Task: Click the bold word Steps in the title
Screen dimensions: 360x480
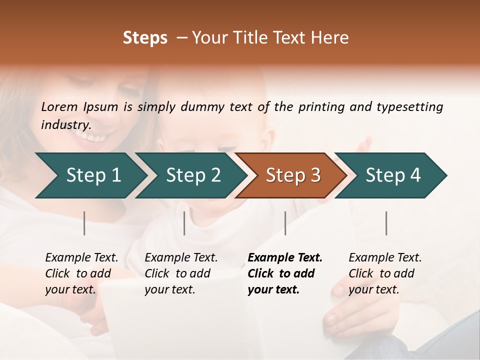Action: coord(145,38)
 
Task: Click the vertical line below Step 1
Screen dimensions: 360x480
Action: coord(84,223)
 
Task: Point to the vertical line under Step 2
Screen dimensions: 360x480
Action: coord(184,223)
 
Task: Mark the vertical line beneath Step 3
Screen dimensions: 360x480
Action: coord(285,223)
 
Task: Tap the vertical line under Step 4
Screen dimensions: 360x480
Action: coord(386,223)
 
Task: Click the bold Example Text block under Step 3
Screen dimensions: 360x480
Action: coord(284,273)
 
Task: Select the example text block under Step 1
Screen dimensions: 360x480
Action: coord(81,273)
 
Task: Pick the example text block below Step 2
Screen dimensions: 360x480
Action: coord(181,273)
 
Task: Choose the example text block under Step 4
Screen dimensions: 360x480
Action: coord(385,273)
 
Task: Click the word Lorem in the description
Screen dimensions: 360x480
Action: coord(59,107)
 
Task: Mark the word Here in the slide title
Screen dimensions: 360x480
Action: coord(332,38)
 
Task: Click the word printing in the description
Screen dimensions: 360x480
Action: coord(322,107)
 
